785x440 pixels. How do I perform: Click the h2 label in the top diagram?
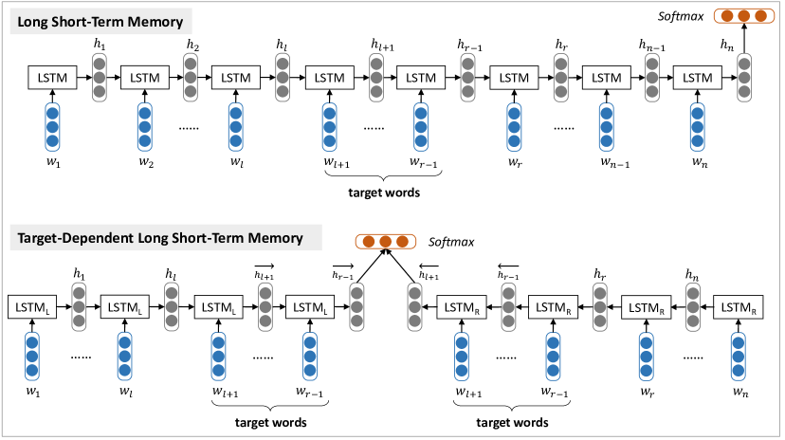coord(192,45)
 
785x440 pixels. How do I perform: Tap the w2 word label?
coord(146,162)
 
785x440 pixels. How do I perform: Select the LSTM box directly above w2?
coord(145,78)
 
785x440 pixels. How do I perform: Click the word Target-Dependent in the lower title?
coord(75,238)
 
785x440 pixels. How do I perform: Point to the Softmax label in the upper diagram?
coord(681,16)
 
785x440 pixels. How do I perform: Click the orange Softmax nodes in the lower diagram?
coord(386,242)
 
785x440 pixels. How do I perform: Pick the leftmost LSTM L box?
coord(32,307)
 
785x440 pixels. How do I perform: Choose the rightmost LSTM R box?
coord(739,307)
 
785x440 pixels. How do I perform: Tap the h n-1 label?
coord(652,46)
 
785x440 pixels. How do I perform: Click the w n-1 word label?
coord(614,162)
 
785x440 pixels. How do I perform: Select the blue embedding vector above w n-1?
coord(606,127)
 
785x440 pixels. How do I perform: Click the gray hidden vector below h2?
coord(191,78)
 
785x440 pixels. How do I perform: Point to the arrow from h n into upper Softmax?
coord(744,39)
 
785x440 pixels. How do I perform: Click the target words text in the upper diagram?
coord(384,192)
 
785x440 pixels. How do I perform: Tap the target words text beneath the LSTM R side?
coord(512,423)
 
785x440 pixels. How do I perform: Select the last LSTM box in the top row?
coord(698,78)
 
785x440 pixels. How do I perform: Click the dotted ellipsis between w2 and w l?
coord(189,129)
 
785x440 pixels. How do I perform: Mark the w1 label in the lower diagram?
coord(33,392)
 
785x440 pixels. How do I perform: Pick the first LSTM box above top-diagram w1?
coord(52,78)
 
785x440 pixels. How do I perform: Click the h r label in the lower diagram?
coord(600,275)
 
